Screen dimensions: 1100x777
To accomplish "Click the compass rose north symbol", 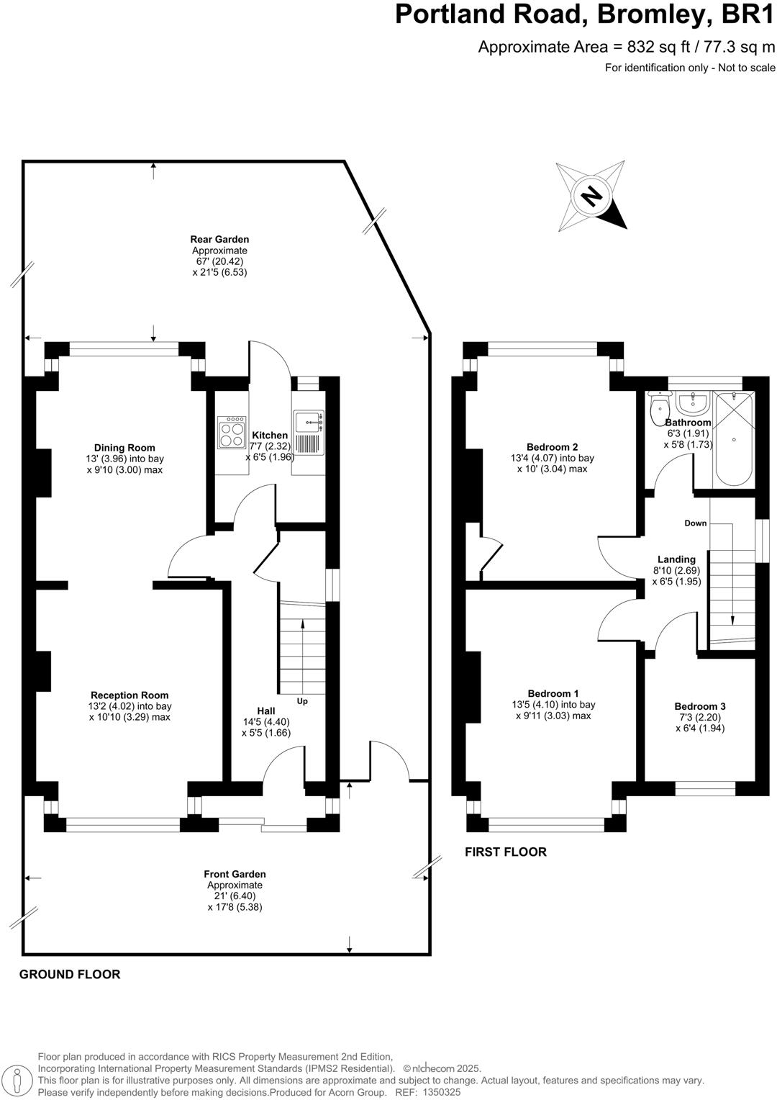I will point(591,195).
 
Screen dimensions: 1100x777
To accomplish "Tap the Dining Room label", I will point(124,448).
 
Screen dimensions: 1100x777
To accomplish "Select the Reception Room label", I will point(129,695).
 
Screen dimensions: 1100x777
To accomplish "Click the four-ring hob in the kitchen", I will point(232,433).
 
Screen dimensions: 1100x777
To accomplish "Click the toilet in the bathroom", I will point(658,410).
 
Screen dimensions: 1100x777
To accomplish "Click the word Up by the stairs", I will point(302,700).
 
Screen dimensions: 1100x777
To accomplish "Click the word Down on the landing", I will point(696,523).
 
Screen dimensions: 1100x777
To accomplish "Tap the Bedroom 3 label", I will point(700,706).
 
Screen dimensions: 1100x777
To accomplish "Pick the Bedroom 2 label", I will point(552,447).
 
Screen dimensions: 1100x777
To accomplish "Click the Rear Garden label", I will point(219,240).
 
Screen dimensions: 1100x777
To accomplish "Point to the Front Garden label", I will point(235,875).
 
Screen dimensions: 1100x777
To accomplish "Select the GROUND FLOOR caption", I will point(70,975).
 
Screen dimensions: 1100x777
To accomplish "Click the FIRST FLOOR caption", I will point(506,852).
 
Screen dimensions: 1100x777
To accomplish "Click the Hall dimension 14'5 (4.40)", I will point(266,722).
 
